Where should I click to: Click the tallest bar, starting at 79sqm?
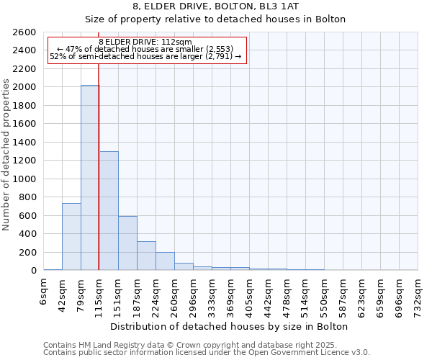pyautogui.click(x=90, y=178)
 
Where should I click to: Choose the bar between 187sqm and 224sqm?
pyautogui.click(x=146, y=256)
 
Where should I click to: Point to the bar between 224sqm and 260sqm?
pyautogui.click(x=165, y=261)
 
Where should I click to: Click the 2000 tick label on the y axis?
pyautogui.click(x=25, y=87)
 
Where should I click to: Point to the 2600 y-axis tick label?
pyautogui.click(x=25, y=32)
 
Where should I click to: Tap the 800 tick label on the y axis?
pyautogui.click(x=28, y=197)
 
